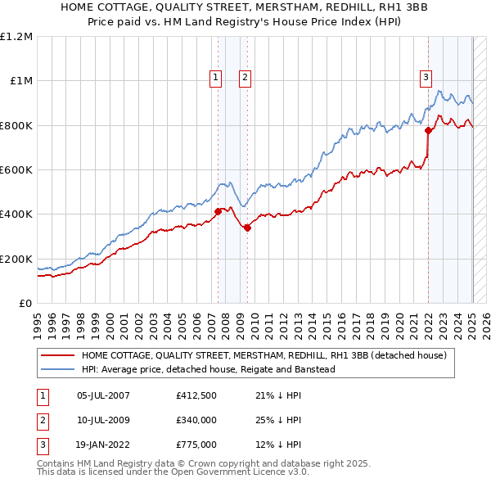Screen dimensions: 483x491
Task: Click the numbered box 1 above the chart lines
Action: [x=215, y=78]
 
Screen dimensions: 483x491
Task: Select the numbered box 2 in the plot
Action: [x=245, y=78]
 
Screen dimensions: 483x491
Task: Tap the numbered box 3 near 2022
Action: [x=426, y=78]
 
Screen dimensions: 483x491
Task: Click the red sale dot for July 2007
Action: [x=218, y=211]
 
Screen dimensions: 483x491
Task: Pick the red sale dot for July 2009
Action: [x=247, y=228]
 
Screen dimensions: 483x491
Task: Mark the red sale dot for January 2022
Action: [x=428, y=130]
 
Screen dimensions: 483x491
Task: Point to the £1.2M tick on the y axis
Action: [x=16, y=37]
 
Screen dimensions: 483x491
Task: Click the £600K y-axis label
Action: [x=16, y=170]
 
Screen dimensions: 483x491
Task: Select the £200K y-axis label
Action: [x=16, y=259]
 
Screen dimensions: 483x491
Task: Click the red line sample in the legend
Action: [x=56, y=355]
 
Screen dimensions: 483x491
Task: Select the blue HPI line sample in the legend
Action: [x=56, y=370]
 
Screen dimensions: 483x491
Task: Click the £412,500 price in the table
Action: [x=196, y=396]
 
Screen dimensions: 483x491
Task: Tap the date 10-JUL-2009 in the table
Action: [x=103, y=420]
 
